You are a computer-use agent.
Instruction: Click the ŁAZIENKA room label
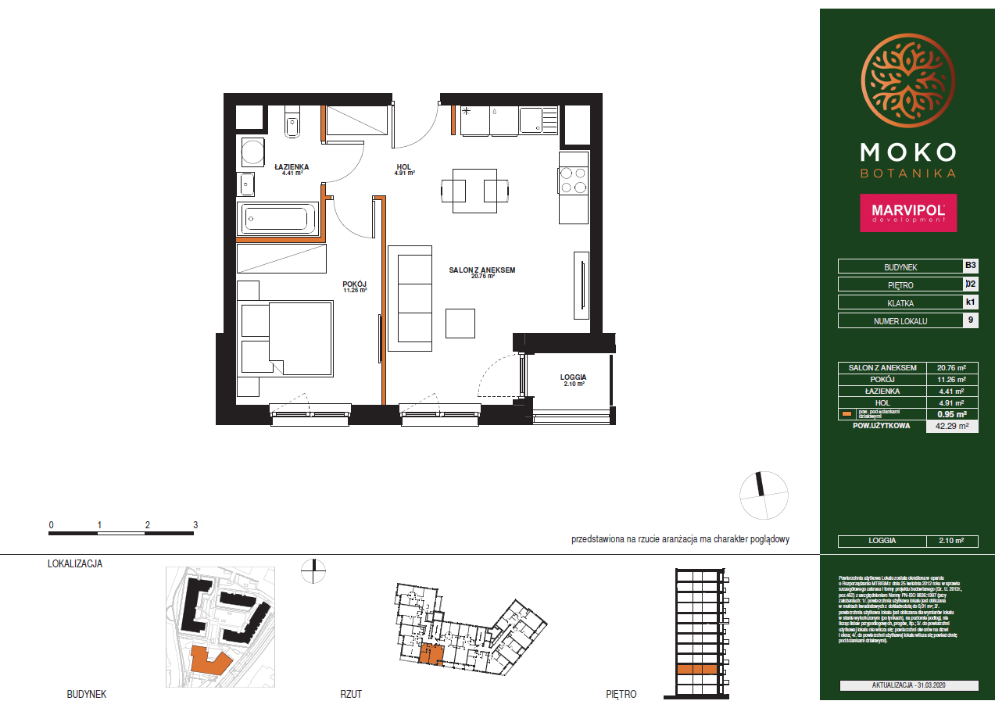[x=292, y=166]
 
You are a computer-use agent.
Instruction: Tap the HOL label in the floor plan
[x=403, y=166]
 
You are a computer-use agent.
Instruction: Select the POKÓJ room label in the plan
[x=354, y=284]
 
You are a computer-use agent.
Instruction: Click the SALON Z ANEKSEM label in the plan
[x=481, y=270]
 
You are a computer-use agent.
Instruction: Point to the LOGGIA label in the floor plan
[x=573, y=377]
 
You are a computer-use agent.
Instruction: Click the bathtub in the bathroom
[x=279, y=218]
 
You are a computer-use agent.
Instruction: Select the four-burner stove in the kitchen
[x=573, y=181]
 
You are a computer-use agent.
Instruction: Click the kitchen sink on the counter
[x=539, y=120]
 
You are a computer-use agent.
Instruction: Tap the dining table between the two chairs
[x=476, y=190]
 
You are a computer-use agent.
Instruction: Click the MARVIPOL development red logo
[x=908, y=213]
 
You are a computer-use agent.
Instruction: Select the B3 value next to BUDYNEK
[x=970, y=266]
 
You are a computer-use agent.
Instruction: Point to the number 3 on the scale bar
[x=195, y=525]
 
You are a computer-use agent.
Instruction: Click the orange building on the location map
[x=209, y=661]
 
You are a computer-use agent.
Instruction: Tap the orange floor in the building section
[x=697, y=669]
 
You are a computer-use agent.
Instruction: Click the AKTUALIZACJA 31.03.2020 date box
[x=908, y=685]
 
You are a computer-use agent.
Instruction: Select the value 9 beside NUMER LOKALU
[x=970, y=320]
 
